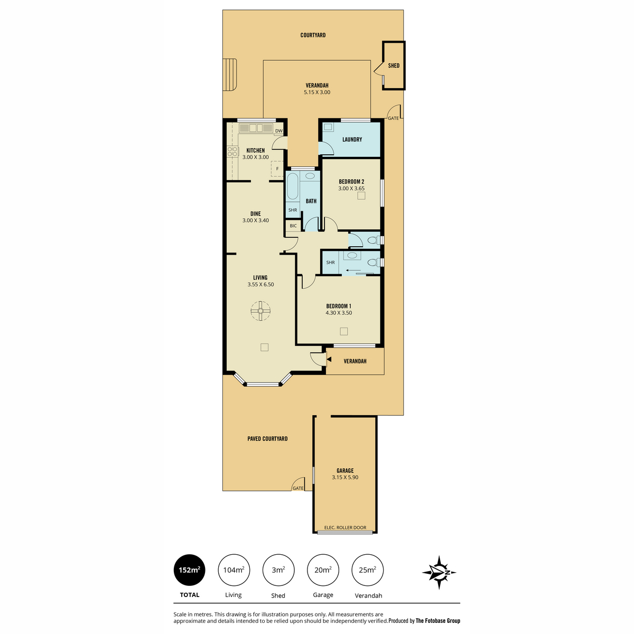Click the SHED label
394,66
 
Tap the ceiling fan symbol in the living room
260,311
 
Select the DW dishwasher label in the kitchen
278,130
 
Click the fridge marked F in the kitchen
277,169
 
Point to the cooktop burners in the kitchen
232,151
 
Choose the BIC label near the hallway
293,226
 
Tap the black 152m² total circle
190,570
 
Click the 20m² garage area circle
323,570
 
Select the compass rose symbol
439,573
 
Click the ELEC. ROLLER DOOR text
345,527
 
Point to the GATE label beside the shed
393,118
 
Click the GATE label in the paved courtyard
298,488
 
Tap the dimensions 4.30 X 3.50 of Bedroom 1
339,313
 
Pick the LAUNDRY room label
352,139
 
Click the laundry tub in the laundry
328,127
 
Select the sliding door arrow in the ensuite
353,271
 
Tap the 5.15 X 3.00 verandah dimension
317,92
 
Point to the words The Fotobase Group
438,621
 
